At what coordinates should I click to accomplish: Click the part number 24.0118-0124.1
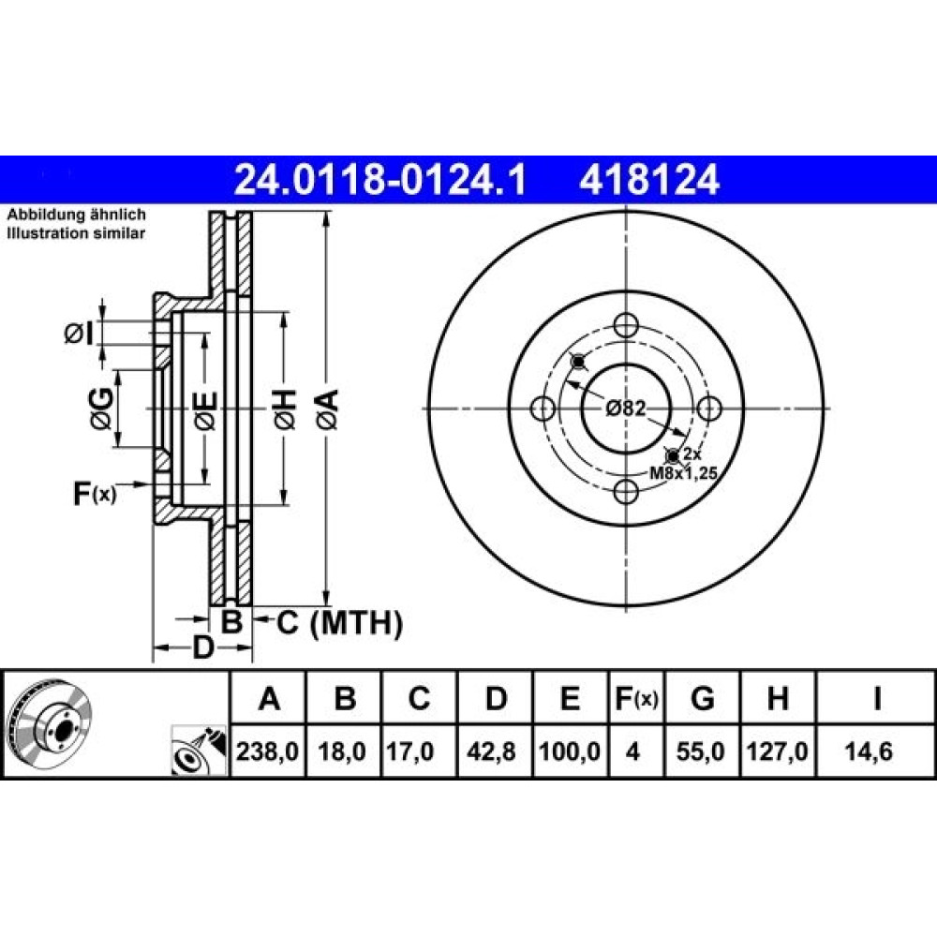380,180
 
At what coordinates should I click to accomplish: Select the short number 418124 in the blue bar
649,180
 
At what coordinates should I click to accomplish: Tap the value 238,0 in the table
267,751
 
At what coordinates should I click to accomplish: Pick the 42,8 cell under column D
491,751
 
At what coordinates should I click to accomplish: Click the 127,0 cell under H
777,751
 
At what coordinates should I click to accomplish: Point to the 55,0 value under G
700,751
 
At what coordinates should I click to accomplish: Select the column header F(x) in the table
636,698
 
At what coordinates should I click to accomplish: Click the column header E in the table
570,698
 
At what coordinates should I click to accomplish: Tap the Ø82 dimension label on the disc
626,409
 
